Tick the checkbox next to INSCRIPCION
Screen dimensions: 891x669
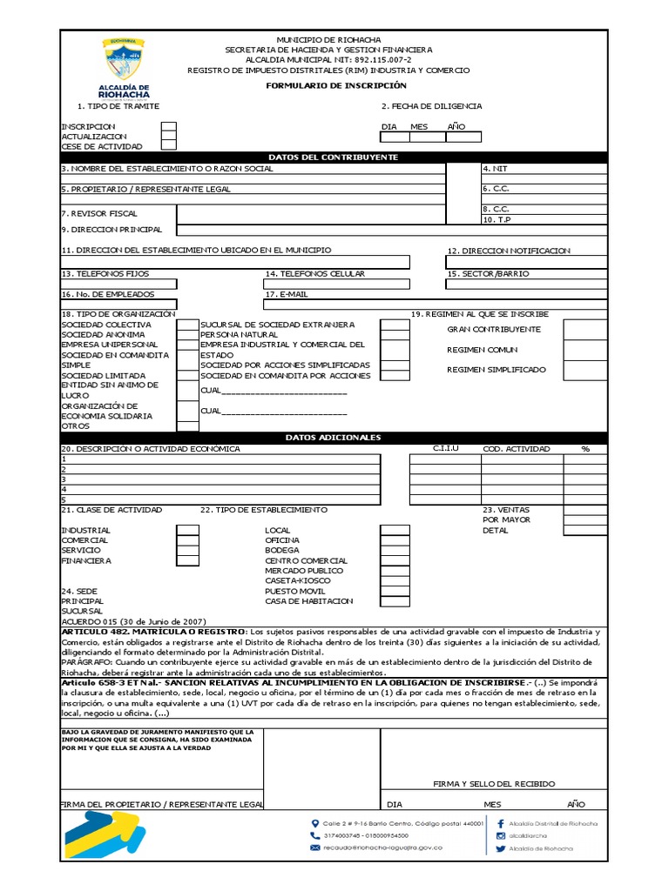tap(168, 127)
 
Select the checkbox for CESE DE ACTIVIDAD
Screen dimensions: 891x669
tap(168, 147)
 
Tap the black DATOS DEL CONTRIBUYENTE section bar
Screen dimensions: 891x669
tap(334, 157)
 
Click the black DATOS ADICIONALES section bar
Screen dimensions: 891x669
tap(334, 438)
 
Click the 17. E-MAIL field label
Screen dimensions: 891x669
tap(287, 294)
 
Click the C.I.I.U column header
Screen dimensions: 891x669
tap(445, 449)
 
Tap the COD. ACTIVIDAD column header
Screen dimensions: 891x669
tap(517, 449)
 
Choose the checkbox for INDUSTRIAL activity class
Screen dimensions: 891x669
tap(187, 530)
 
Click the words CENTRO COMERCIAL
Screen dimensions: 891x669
tap(306, 561)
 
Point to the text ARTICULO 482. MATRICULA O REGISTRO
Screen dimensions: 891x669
tap(153, 631)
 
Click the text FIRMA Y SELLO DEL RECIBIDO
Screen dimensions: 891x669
tap(494, 784)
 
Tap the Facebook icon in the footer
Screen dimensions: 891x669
tap(501, 823)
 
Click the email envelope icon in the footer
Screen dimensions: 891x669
tap(314, 847)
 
